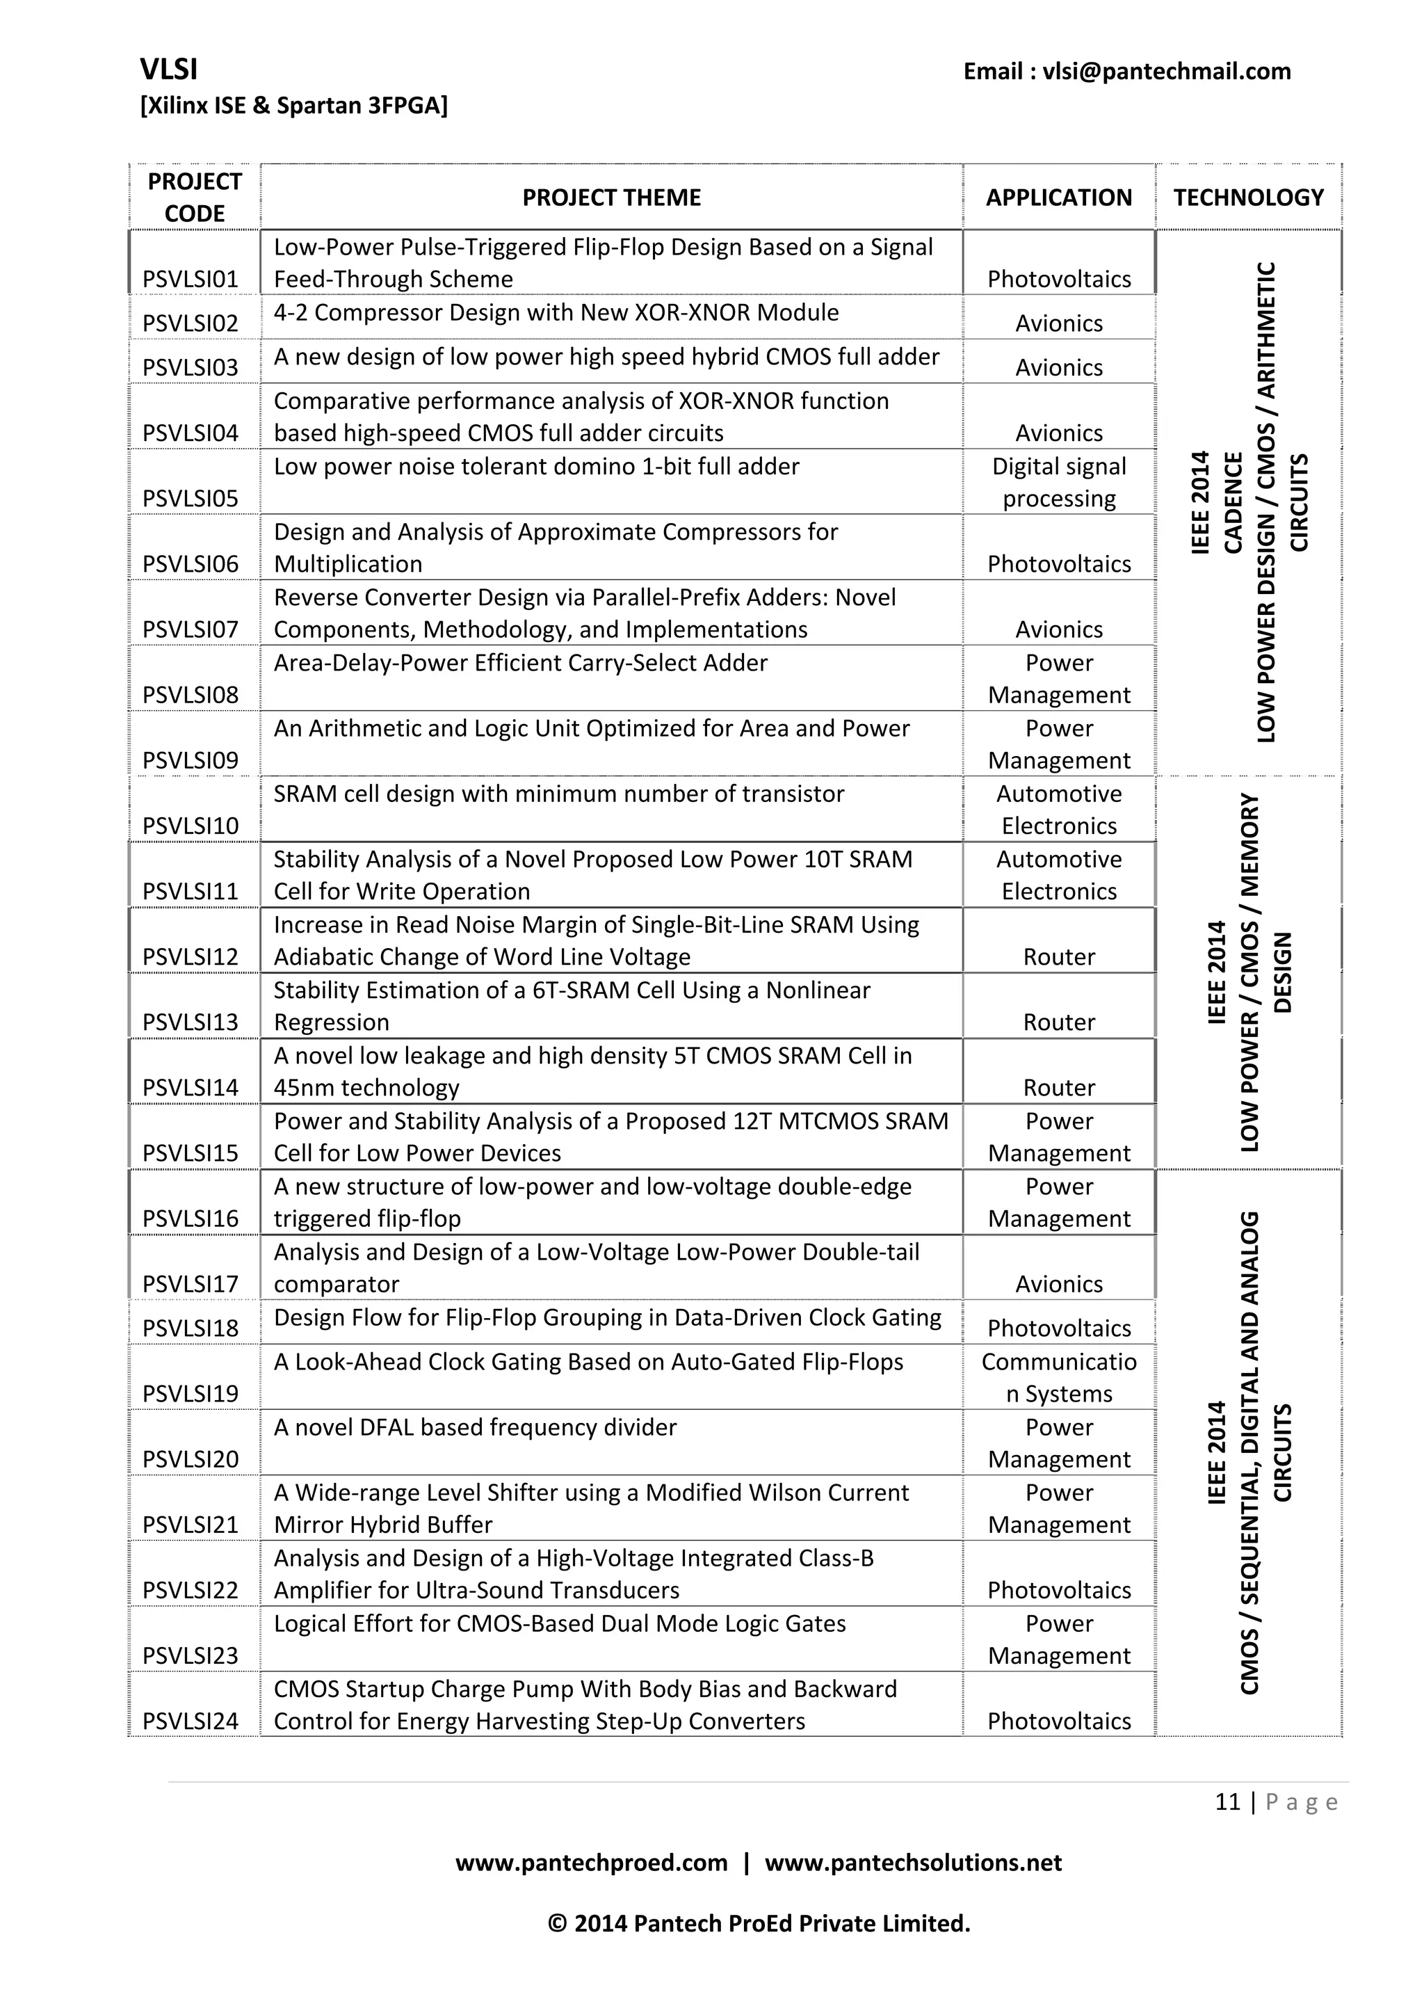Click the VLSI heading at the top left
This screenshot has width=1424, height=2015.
168,70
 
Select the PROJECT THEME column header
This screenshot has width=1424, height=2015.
612,198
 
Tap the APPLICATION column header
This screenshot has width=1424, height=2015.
1058,198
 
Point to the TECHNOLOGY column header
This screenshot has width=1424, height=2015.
1247,198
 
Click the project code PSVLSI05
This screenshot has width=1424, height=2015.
191,499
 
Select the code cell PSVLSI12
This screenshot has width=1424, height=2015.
191,956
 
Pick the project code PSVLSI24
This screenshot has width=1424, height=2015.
191,1721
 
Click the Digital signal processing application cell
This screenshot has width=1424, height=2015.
1058,482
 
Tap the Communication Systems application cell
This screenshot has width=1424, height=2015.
1058,1377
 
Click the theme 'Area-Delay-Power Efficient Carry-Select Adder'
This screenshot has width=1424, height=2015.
520,663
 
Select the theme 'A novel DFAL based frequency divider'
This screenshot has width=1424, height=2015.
475,1427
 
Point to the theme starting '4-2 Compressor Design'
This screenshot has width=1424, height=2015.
556,312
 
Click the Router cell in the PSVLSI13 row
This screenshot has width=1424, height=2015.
1058,1022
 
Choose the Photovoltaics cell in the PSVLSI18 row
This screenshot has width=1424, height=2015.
1058,1328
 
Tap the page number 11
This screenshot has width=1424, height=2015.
1227,1801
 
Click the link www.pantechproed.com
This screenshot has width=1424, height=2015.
590,1862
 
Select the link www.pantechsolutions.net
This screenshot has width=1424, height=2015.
912,1862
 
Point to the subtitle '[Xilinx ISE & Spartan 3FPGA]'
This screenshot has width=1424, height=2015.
294,105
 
